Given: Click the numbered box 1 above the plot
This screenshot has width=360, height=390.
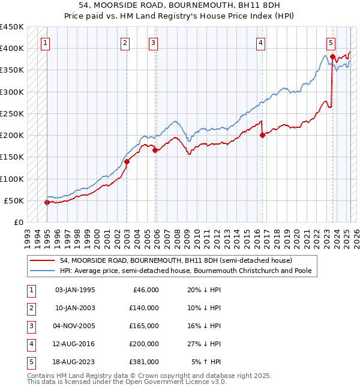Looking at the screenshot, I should pyautogui.click(x=46, y=43).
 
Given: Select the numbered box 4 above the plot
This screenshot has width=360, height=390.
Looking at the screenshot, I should pyautogui.click(x=261, y=43).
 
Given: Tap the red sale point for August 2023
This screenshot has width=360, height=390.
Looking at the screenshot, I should pyautogui.click(x=332, y=56).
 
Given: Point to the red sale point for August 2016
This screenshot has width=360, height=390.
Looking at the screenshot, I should pyautogui.click(x=262, y=135).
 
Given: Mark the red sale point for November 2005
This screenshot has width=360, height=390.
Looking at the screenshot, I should pyautogui.click(x=155, y=151).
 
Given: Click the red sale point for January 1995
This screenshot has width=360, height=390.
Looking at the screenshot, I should pyautogui.click(x=47, y=202).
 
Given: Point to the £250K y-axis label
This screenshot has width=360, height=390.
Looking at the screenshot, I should pyautogui.click(x=12, y=113).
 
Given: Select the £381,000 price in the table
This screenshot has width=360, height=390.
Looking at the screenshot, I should pyautogui.click(x=145, y=362).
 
